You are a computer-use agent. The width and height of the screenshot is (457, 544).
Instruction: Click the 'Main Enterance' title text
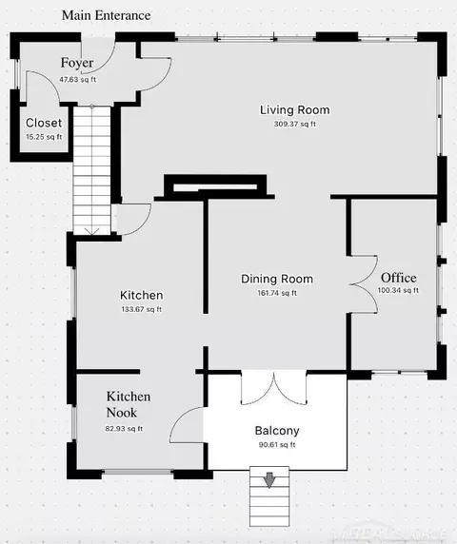[107, 15]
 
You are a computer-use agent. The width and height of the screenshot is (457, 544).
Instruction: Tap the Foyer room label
[77, 63]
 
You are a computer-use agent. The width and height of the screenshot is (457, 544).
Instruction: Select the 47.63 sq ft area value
[77, 80]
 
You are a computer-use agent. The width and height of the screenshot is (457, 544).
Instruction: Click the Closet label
[44, 123]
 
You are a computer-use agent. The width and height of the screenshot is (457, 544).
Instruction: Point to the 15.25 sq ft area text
[44, 137]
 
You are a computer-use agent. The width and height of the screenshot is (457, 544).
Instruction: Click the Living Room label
[295, 110]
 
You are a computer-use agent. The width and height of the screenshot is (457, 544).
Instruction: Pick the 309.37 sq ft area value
[295, 124]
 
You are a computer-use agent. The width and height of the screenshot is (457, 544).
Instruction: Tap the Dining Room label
[277, 279]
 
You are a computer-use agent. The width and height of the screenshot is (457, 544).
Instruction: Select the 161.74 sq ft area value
[277, 293]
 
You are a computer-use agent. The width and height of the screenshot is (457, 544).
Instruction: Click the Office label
[399, 278]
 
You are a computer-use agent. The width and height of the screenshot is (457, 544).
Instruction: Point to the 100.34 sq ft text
[398, 290]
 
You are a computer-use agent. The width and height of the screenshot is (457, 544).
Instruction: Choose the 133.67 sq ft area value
[142, 309]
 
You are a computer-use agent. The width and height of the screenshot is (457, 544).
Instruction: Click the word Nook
[122, 413]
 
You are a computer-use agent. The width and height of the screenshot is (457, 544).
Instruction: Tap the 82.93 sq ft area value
[124, 429]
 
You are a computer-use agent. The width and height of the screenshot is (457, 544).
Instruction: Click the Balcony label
[277, 431]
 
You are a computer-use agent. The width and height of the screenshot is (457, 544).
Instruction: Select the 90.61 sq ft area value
[277, 444]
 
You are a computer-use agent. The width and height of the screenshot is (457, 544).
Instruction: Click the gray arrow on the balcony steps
[269, 480]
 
